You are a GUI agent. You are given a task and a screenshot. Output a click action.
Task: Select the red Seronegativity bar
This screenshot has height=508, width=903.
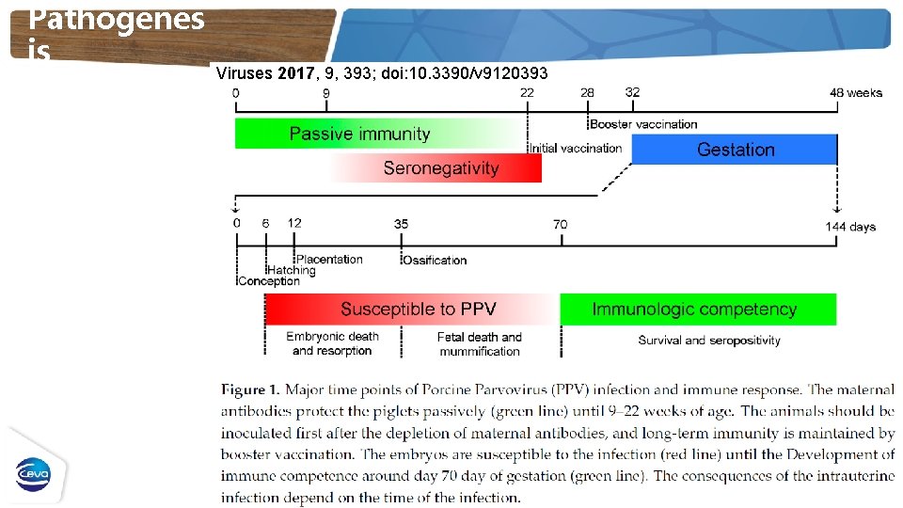(440, 168)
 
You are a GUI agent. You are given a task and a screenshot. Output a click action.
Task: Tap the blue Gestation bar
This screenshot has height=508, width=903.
(735, 150)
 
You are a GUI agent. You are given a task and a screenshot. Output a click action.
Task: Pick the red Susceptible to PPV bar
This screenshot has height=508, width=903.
(418, 309)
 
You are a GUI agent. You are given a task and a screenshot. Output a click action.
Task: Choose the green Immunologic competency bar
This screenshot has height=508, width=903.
(694, 309)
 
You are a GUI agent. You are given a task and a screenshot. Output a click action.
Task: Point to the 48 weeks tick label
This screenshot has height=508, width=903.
(856, 93)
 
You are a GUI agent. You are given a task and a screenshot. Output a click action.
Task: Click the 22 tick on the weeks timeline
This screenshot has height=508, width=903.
(527, 93)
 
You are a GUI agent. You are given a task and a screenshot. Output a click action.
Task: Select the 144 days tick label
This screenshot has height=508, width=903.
(850, 227)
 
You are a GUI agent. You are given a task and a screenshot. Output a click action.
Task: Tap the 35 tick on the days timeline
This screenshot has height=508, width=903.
(402, 224)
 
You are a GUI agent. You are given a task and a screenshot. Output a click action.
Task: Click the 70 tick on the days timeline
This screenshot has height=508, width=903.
(561, 224)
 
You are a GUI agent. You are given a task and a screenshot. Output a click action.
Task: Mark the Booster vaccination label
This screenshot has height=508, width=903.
(644, 124)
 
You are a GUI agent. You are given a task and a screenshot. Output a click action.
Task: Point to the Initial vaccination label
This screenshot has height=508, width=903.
(577, 148)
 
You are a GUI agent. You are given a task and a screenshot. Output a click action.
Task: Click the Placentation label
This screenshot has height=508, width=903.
(329, 259)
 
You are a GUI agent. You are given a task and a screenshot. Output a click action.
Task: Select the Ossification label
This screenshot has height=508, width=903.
(435, 260)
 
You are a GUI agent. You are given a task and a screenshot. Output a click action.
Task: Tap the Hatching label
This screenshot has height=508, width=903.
(292, 270)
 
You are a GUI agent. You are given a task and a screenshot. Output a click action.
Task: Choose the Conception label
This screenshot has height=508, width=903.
(269, 281)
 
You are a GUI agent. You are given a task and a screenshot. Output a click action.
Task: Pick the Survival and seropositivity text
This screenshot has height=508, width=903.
(708, 341)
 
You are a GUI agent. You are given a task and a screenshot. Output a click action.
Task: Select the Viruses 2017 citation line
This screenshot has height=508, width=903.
(381, 72)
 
